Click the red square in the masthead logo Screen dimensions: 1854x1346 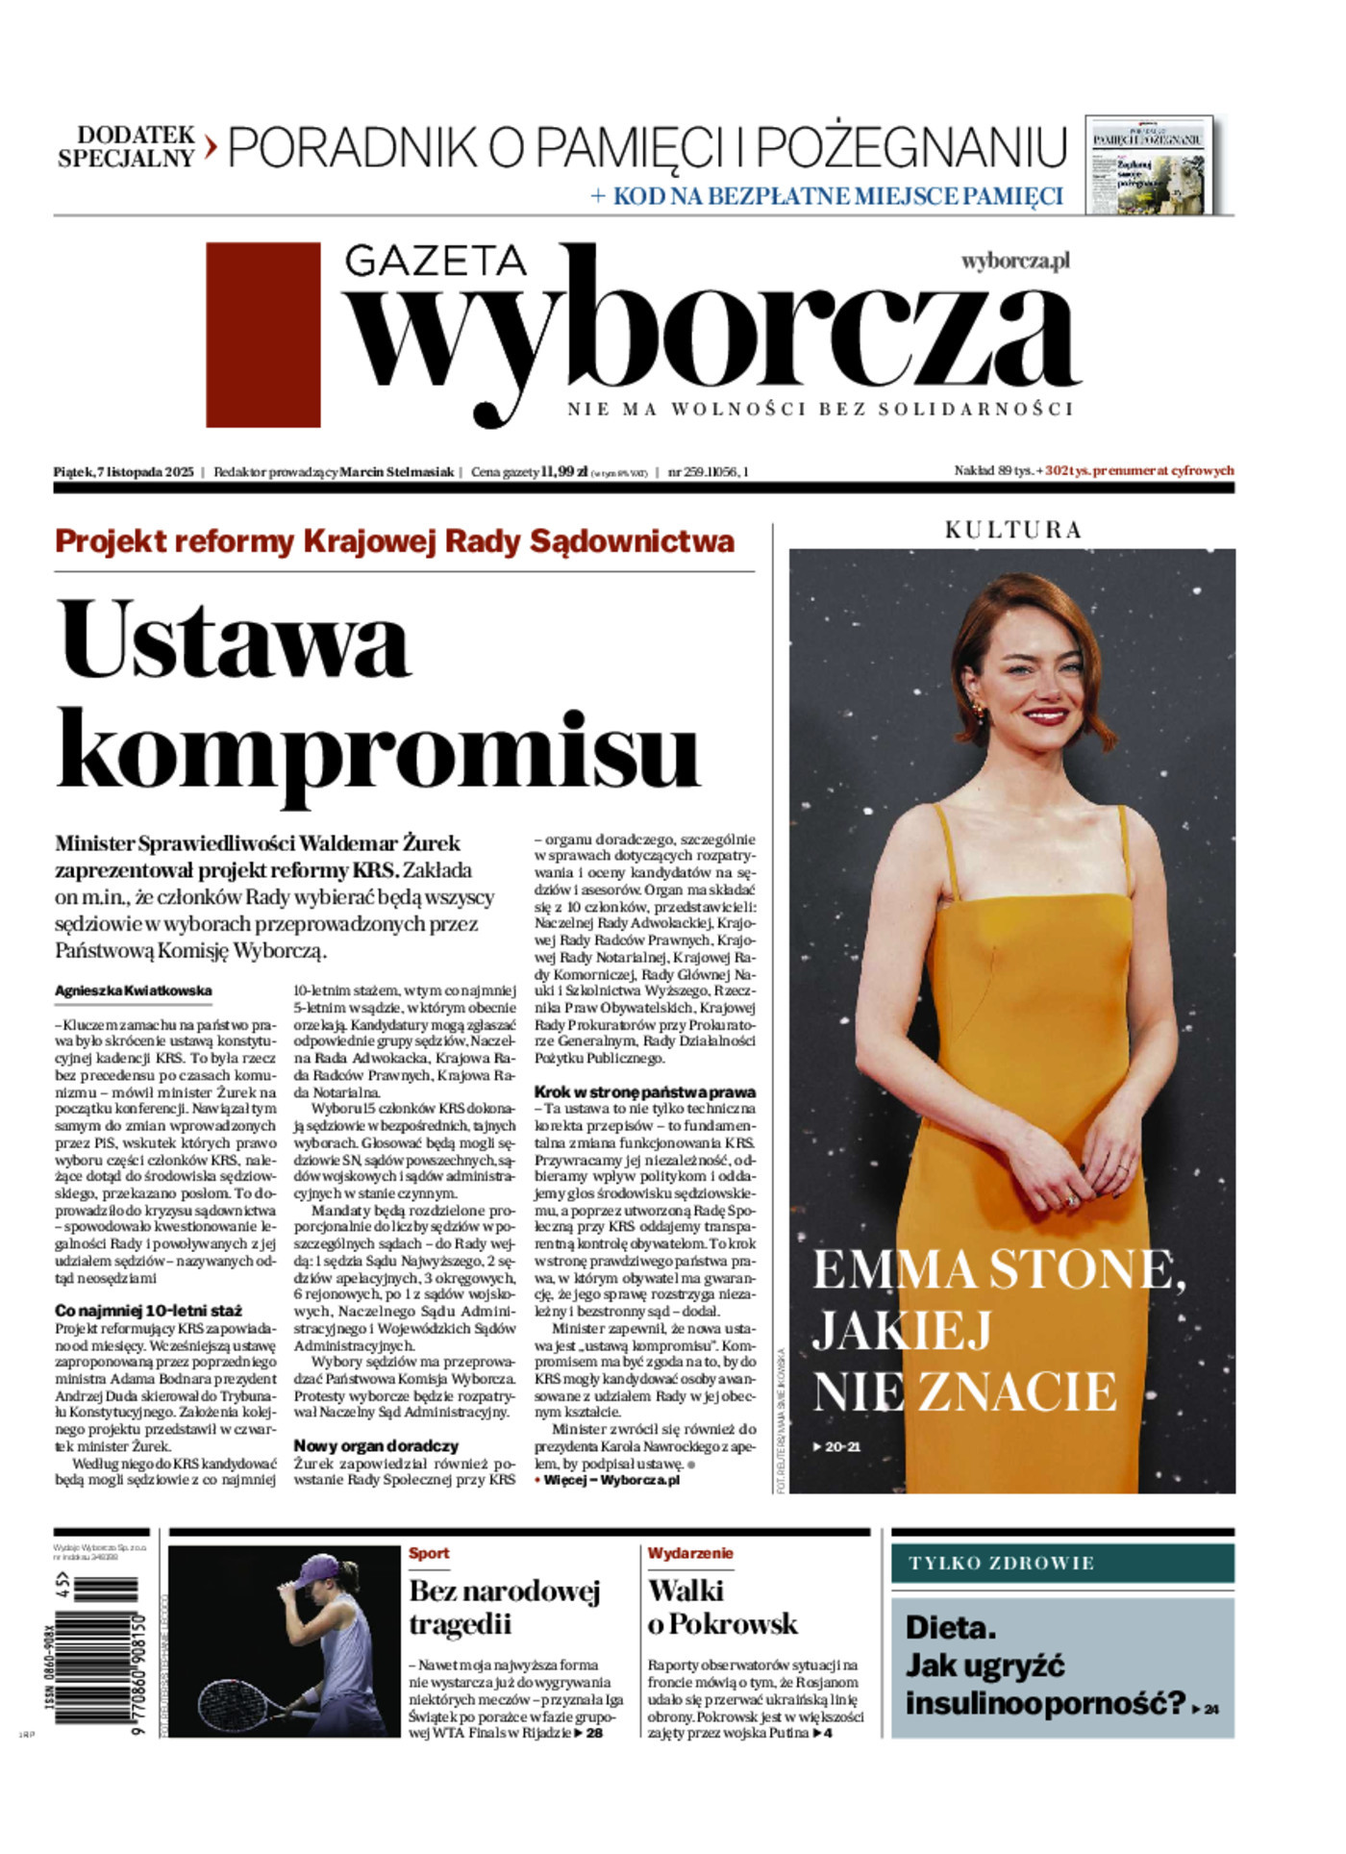[262, 335]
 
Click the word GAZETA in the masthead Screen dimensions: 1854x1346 [435, 261]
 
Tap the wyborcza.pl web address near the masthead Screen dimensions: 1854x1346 [1014, 261]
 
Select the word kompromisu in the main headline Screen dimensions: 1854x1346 [377, 752]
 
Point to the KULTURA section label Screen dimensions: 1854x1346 [1012, 530]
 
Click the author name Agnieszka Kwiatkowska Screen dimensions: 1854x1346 [134, 990]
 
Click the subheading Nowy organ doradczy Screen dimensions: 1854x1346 [376, 1446]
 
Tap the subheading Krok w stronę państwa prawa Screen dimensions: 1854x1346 [644, 1092]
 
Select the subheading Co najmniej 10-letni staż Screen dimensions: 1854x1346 [148, 1311]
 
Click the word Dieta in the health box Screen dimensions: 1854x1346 [950, 1628]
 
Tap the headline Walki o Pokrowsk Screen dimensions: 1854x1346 [721, 1608]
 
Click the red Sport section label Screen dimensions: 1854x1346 [429, 1553]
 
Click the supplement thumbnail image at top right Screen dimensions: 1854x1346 [1149, 164]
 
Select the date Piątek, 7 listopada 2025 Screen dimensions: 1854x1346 [124, 472]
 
